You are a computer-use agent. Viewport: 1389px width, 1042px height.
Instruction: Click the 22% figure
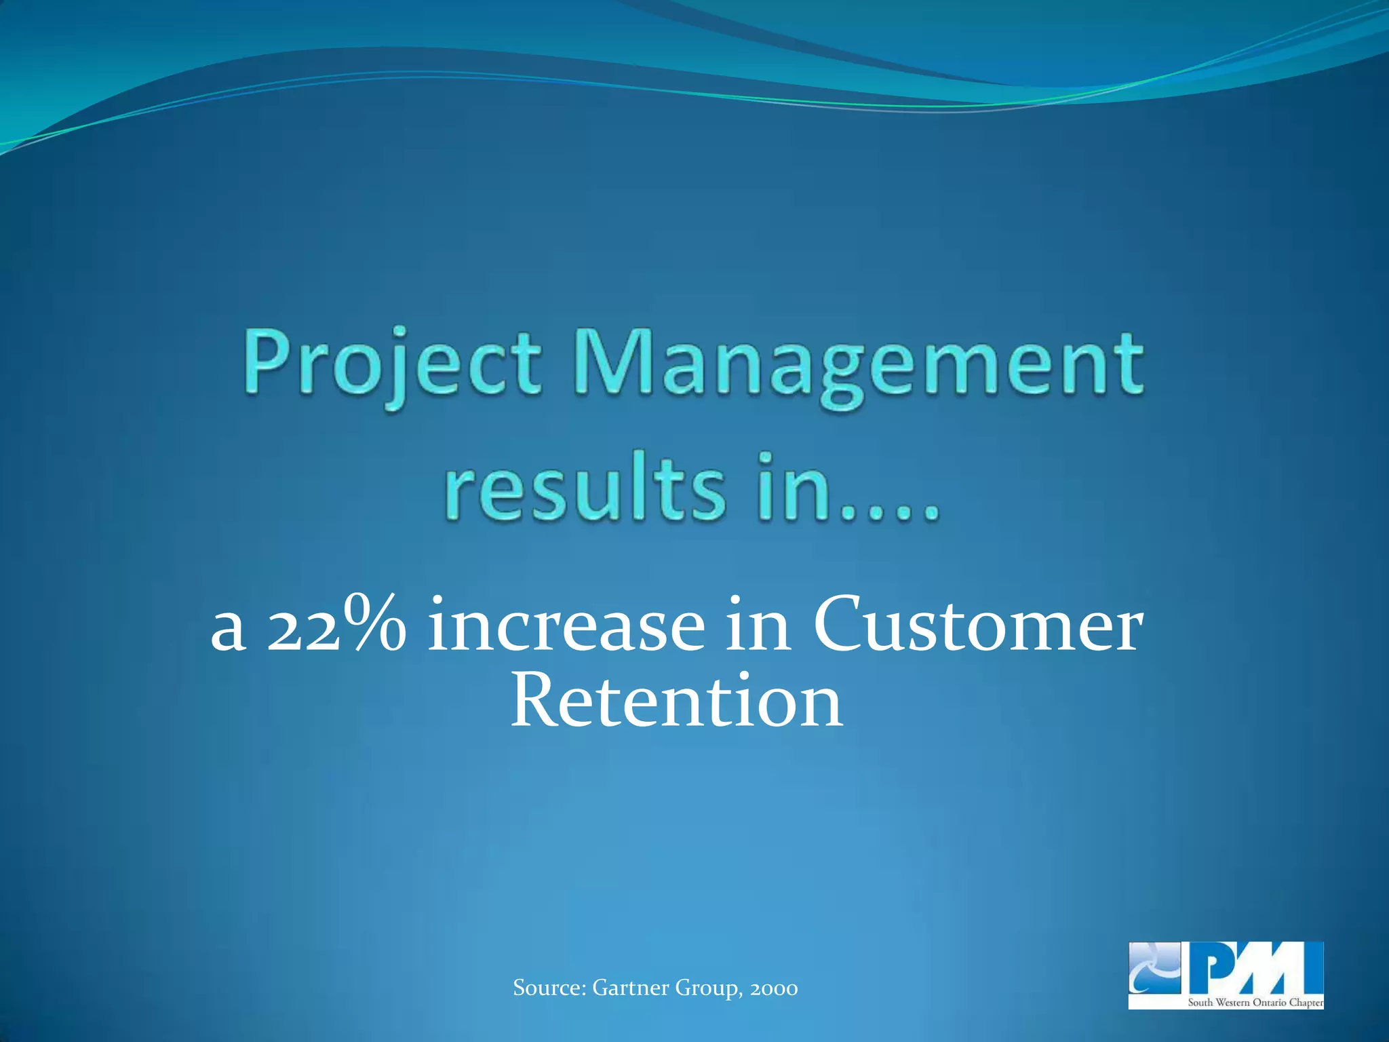coord(336,624)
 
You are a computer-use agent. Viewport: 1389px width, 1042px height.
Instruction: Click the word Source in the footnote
coord(549,988)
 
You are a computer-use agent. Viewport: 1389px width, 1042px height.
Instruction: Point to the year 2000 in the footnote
coord(773,988)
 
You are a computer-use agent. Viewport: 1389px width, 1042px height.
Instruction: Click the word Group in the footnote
coord(706,988)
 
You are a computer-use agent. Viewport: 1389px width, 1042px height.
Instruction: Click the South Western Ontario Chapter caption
coord(1254,1003)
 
